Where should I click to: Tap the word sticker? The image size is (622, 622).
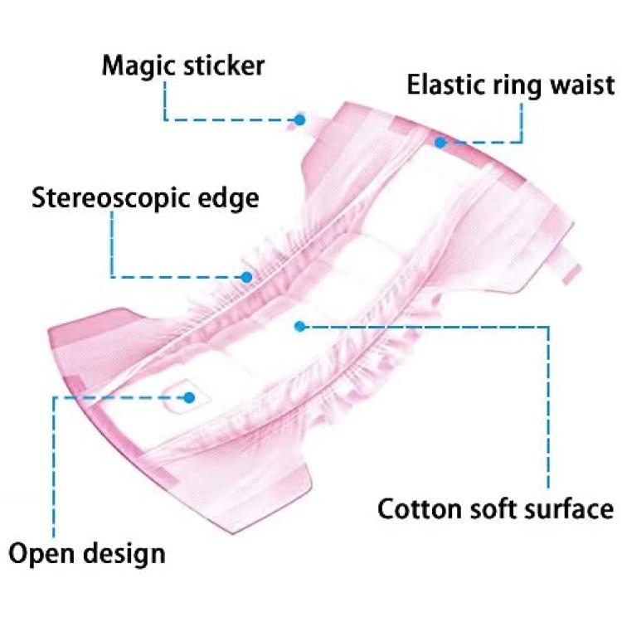224,66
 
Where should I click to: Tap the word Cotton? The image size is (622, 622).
420,509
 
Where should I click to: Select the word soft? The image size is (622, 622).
493,508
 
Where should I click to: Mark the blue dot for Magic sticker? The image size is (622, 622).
300,119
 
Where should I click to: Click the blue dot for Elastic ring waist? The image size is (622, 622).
440,143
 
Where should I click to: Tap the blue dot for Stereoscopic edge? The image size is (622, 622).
247,277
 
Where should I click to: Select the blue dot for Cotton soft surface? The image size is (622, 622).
300,327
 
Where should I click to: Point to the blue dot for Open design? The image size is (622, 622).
190,397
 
